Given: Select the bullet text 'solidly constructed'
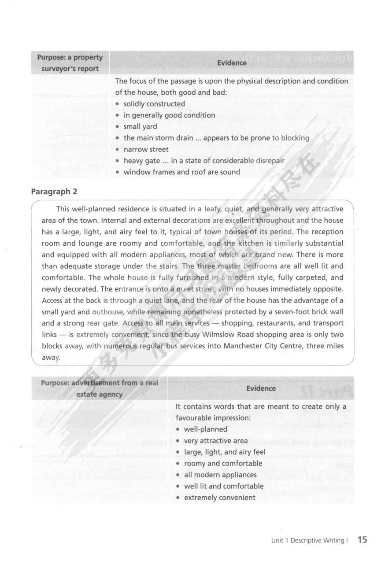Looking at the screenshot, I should [x=154, y=104].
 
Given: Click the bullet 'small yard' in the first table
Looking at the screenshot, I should [x=140, y=127].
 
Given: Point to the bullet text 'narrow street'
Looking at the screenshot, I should [x=146, y=149].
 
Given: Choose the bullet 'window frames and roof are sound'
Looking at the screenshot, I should [x=181, y=172].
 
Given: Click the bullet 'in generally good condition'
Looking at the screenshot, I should [x=169, y=115].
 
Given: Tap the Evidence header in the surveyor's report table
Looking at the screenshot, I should [x=232, y=63].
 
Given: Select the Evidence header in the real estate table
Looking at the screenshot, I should [x=261, y=388].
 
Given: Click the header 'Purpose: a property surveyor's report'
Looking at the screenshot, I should [x=70, y=63].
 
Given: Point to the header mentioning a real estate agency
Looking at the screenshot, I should [x=99, y=388].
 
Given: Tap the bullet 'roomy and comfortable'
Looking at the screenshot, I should [x=223, y=464].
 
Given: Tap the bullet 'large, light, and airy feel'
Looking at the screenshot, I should [x=225, y=452].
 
